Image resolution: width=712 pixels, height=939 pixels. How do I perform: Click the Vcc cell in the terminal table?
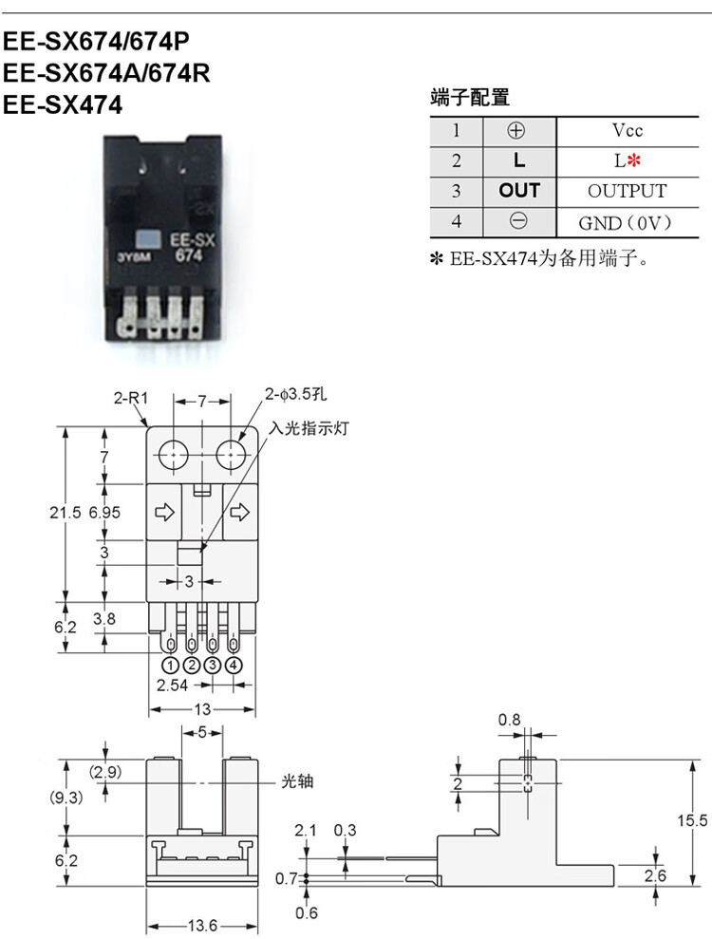click(x=627, y=130)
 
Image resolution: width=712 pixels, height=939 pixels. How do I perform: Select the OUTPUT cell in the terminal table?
click(x=627, y=191)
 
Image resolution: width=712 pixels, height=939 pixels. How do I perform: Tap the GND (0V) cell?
click(x=626, y=223)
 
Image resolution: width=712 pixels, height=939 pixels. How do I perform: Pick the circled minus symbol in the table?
click(x=518, y=221)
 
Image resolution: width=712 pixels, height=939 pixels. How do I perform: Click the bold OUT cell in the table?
click(x=519, y=191)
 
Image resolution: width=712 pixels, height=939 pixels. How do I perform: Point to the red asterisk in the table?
click(x=634, y=160)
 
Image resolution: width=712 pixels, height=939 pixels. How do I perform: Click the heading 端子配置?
click(x=470, y=97)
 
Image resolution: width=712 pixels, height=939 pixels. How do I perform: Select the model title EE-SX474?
click(x=63, y=104)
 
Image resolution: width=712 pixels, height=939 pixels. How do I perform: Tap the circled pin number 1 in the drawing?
click(x=171, y=665)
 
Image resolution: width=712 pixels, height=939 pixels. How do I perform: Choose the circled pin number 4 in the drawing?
click(x=233, y=665)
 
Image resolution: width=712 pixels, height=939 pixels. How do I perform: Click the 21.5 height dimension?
click(x=65, y=513)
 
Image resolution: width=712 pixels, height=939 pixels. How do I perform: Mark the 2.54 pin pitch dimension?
click(x=172, y=685)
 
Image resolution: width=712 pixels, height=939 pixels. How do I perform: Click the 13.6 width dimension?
click(x=202, y=926)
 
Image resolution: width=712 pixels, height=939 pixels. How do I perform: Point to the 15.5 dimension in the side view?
click(x=692, y=819)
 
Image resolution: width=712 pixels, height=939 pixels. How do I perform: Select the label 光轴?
click(x=297, y=781)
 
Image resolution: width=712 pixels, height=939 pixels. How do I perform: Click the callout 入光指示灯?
click(x=308, y=428)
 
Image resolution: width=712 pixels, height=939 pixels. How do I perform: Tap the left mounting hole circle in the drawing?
click(x=173, y=456)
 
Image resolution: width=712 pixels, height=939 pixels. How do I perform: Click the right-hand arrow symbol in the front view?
click(x=239, y=512)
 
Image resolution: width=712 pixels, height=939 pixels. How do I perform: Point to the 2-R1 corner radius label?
click(x=131, y=397)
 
